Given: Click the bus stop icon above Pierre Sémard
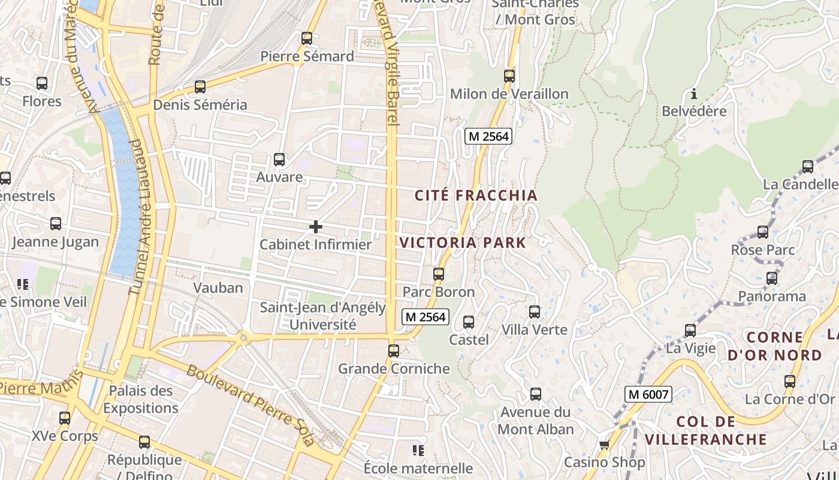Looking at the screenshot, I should point(307,38).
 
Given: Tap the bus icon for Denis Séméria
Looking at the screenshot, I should point(200,87).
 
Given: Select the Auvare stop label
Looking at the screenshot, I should point(279,178).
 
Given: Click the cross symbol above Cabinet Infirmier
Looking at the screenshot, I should point(315,227).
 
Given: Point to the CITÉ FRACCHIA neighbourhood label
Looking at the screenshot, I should point(476,196).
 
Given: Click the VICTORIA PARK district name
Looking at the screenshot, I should point(463,243).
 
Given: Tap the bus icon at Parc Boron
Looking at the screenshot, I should point(439,274).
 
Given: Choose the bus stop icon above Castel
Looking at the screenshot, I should point(469,322).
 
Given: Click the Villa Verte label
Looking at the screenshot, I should point(534,330).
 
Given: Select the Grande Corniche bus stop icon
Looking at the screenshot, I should point(394,351).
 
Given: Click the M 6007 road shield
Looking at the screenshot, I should point(648,394).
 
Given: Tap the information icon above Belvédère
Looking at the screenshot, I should point(694,94).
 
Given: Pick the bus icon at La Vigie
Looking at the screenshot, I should point(690,331).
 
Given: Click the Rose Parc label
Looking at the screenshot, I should point(763,250).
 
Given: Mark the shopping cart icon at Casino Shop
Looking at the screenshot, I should point(604,445).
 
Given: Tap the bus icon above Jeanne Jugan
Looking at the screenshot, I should point(56,224).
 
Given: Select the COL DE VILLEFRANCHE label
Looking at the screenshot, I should point(706,430).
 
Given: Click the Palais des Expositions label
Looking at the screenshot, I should point(141,400).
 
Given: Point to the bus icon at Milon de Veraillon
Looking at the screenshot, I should point(509,76).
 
